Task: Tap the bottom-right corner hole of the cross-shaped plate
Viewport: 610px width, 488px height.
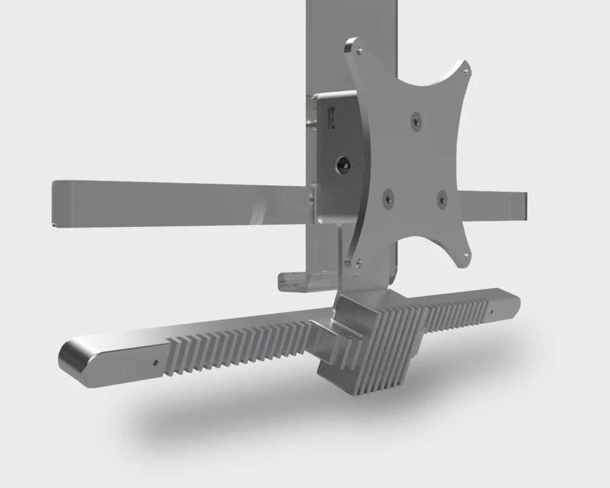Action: coord(465,255)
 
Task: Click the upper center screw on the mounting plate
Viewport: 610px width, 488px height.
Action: coord(415,121)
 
